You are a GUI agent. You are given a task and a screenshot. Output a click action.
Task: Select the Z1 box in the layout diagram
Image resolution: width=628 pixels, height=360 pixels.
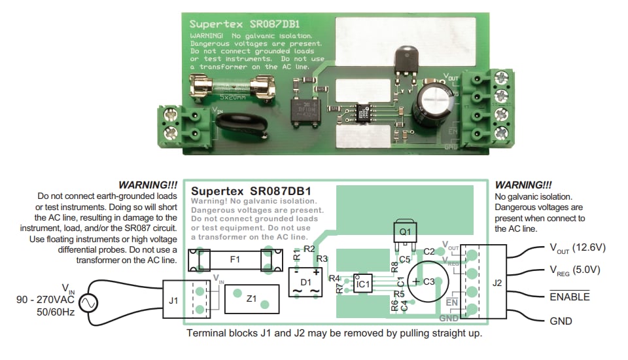pos(251,299)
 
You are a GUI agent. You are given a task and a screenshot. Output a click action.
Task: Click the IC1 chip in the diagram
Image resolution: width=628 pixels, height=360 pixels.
pos(363,283)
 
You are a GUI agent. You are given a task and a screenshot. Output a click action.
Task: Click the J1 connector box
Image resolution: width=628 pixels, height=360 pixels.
pos(172,300)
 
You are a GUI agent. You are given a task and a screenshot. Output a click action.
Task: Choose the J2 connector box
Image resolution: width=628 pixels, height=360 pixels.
pos(497,283)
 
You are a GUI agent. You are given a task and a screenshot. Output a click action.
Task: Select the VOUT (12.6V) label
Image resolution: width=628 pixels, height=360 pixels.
pos(578,248)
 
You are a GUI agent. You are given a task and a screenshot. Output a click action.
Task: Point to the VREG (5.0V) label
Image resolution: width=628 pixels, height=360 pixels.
pos(575,270)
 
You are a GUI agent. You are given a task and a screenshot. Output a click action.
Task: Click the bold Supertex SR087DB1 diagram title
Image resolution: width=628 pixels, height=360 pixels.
pos(249,190)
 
